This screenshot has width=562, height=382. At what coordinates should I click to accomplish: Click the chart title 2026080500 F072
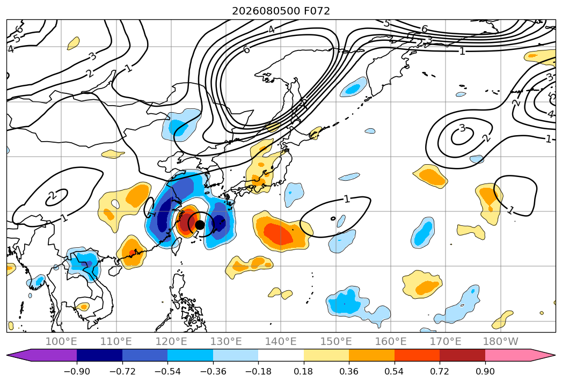point(281,11)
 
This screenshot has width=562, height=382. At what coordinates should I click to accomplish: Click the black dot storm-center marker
point(200,225)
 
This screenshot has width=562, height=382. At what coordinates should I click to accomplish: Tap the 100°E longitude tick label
point(61,342)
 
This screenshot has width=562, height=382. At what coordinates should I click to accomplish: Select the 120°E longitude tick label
point(171,342)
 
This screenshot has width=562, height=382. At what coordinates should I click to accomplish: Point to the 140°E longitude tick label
point(281,342)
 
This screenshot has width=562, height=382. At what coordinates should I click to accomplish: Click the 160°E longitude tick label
point(391,342)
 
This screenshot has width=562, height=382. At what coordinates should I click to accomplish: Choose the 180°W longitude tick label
point(500,342)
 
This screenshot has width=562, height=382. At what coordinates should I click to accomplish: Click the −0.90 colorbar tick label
point(77,372)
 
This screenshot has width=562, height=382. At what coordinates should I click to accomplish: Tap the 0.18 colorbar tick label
point(304,372)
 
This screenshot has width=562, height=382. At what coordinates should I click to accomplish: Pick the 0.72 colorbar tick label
point(440,372)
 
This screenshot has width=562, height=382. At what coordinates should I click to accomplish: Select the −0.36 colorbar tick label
point(213,372)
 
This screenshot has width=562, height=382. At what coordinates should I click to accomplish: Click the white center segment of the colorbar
point(281,355)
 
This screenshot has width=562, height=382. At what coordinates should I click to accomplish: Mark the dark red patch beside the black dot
point(186,223)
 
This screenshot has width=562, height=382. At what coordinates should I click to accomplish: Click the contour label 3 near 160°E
point(462,128)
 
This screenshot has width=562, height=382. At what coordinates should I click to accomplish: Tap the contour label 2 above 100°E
point(52,195)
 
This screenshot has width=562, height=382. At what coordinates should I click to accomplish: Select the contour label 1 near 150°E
point(346,199)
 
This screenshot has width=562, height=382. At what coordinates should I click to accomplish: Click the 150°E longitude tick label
point(336,342)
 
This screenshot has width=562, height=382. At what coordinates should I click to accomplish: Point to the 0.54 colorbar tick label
point(395,372)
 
